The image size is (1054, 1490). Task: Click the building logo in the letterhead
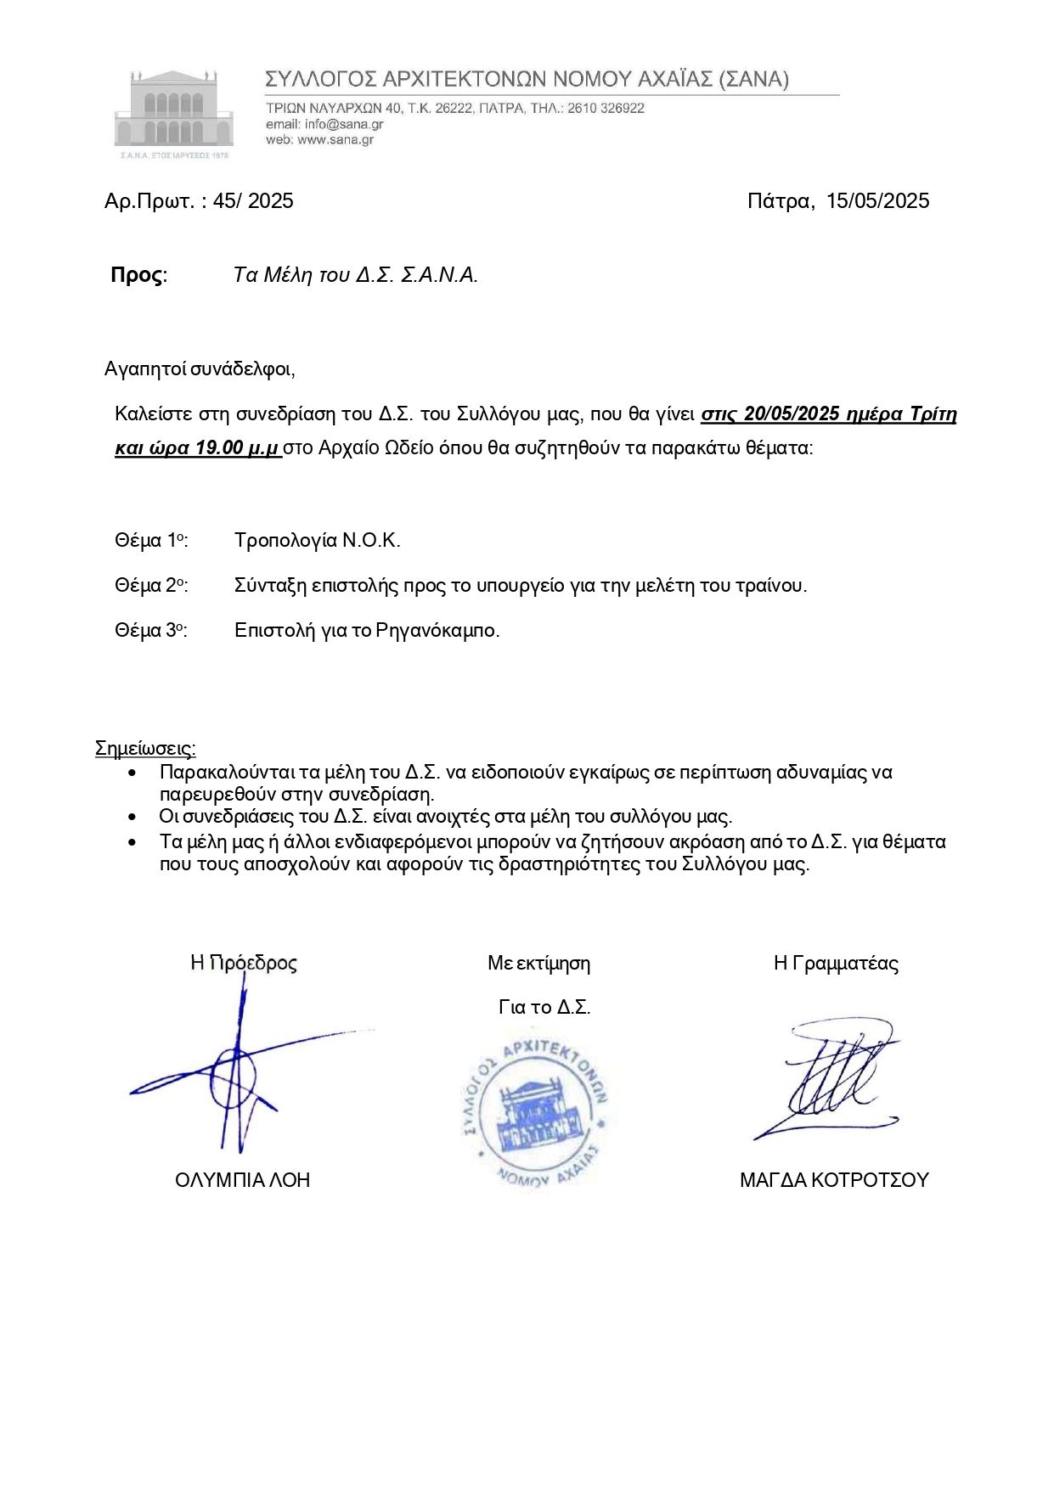click(x=174, y=110)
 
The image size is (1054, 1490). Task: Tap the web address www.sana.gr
click(x=335, y=139)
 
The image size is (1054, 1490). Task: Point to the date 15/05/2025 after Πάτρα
click(x=877, y=201)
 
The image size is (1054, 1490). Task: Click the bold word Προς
click(x=138, y=275)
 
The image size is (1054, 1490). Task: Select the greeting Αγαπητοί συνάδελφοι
click(x=199, y=368)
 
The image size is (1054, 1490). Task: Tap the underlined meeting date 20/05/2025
click(x=792, y=414)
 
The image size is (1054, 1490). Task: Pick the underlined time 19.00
click(x=219, y=448)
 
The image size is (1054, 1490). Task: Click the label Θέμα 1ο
click(x=150, y=541)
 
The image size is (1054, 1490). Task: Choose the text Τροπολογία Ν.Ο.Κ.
click(x=317, y=541)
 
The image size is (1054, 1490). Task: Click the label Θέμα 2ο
click(x=150, y=586)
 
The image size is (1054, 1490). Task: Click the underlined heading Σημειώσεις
click(x=145, y=748)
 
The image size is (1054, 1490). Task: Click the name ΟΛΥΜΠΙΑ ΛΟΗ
click(x=242, y=1180)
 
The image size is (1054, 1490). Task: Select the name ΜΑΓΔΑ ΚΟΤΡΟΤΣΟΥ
click(x=834, y=1180)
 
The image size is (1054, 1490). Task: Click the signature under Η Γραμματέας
click(x=832, y=1080)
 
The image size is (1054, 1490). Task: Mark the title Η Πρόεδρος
click(x=244, y=963)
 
